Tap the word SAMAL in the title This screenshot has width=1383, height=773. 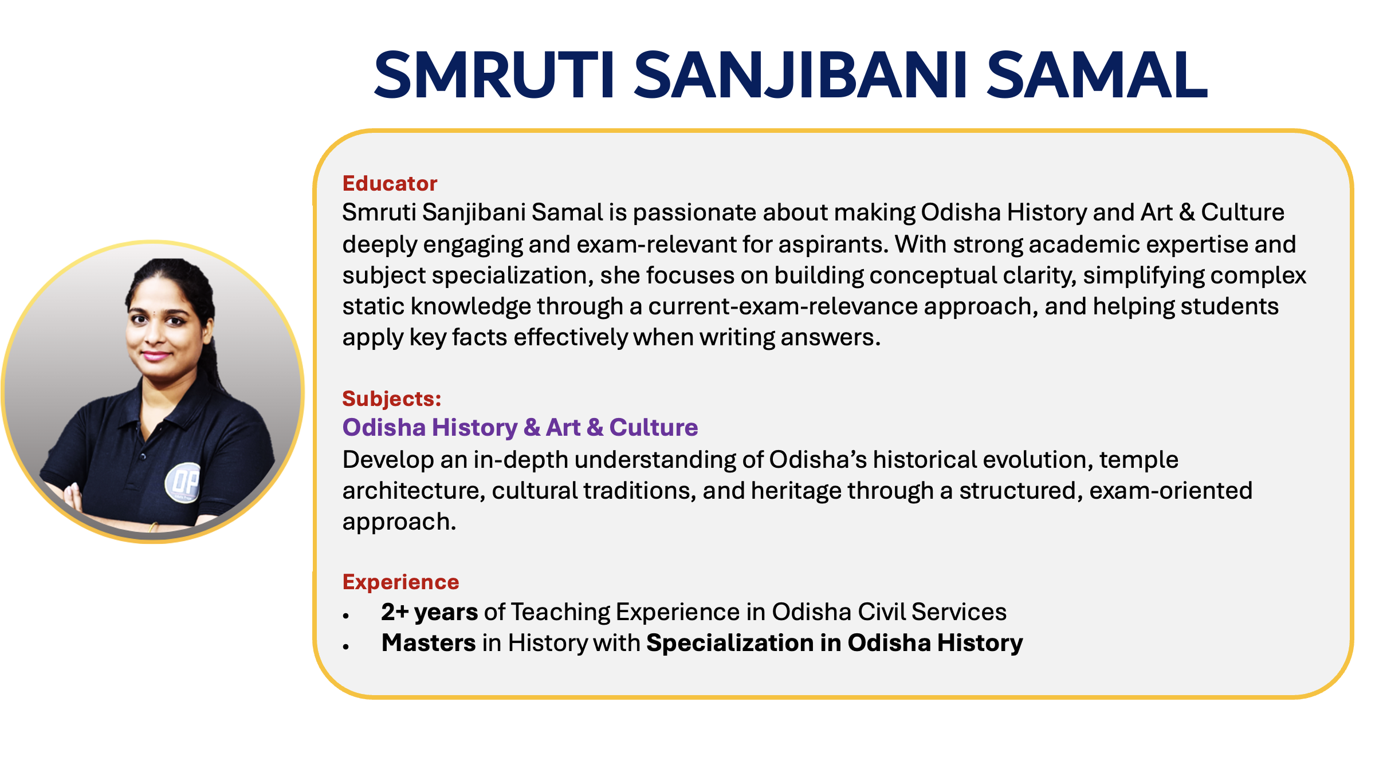coord(1097,75)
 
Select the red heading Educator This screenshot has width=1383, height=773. coord(390,183)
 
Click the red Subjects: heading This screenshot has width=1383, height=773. coord(392,399)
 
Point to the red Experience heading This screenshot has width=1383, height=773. coord(400,582)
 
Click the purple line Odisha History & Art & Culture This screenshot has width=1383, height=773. coord(520,427)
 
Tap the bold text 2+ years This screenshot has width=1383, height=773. coord(430,612)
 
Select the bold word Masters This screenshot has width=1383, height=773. coord(429,643)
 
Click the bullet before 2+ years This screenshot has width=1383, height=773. coord(346,616)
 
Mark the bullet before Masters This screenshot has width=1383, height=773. coord(346,647)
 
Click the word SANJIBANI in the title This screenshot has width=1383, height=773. coord(801,75)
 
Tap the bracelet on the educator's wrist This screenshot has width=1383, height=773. coord(153,527)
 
